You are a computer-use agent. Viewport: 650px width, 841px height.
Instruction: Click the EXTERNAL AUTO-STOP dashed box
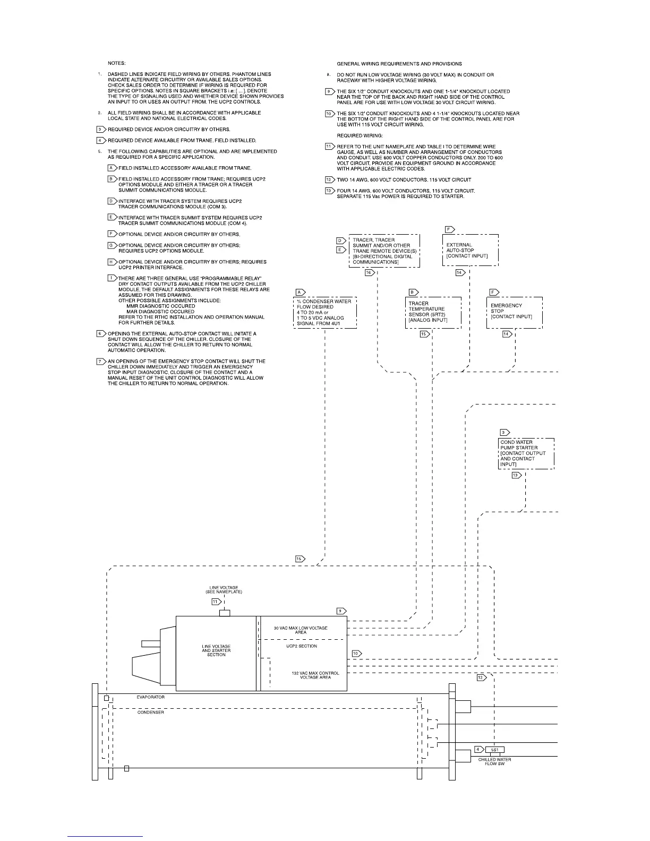click(x=470, y=250)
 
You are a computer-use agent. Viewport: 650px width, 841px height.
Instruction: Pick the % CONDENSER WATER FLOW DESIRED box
click(x=324, y=312)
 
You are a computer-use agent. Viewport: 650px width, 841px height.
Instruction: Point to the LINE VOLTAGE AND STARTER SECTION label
click(x=216, y=650)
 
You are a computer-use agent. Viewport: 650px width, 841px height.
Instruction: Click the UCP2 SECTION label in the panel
click(x=302, y=646)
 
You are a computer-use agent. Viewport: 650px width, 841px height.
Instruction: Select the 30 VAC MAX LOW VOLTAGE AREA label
click(x=301, y=630)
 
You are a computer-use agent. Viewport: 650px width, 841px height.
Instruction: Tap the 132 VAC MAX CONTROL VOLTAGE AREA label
click(x=311, y=675)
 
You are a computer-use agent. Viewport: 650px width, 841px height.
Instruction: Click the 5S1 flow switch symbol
click(x=494, y=750)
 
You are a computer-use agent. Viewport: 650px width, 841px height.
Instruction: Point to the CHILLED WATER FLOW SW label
click(x=494, y=761)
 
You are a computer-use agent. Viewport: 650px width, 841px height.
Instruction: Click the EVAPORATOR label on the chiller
click(x=150, y=697)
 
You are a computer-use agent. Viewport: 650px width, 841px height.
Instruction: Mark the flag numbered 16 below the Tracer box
click(x=370, y=272)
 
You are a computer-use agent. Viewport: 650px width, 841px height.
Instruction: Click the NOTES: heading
click(x=116, y=63)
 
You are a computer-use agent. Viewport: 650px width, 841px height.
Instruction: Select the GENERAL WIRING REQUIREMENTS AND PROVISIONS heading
click(x=399, y=64)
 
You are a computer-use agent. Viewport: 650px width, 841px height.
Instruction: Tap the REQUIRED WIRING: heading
click(x=360, y=135)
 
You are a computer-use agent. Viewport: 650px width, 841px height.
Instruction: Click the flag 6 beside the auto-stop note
click(x=100, y=334)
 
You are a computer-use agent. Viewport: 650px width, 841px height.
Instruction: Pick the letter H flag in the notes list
click(x=112, y=262)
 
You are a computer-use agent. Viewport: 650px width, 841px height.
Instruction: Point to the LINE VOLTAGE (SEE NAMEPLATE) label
click(x=224, y=590)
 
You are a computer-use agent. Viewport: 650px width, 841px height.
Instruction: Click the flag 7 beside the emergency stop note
click(x=100, y=362)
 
